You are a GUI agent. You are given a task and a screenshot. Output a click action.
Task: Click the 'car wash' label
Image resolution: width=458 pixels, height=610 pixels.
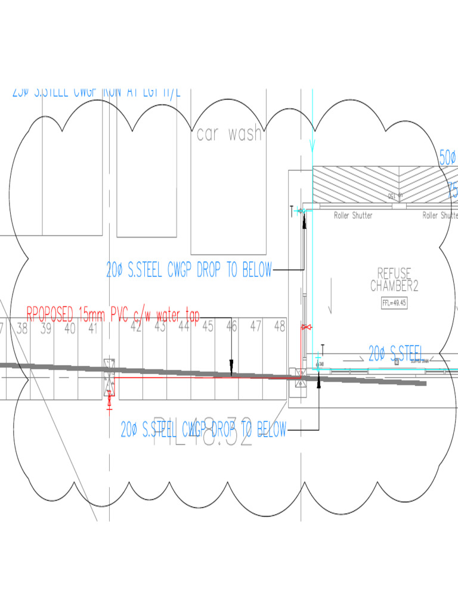(x=230, y=134)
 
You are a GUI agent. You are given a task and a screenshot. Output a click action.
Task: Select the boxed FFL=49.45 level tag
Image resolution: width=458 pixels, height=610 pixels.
(x=394, y=303)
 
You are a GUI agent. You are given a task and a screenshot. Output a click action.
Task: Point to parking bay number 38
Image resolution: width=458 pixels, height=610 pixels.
(x=22, y=327)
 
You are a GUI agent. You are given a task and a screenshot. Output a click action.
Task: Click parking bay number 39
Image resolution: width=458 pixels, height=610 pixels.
(x=46, y=327)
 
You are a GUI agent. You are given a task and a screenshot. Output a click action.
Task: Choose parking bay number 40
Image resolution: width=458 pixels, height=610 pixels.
(x=70, y=327)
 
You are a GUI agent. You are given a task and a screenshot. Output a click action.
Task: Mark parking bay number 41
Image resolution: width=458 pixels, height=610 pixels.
(x=92, y=327)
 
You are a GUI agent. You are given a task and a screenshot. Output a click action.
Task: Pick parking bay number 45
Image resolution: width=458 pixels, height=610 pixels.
(x=208, y=326)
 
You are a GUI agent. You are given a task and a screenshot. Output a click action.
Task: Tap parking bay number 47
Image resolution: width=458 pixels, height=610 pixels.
(x=256, y=326)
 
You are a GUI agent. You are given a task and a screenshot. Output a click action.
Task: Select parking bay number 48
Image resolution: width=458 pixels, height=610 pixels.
(x=279, y=326)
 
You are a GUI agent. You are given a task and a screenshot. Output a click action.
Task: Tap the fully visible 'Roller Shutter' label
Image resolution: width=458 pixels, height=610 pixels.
(x=353, y=216)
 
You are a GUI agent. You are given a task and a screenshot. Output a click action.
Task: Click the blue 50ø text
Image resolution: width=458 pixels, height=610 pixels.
(x=448, y=158)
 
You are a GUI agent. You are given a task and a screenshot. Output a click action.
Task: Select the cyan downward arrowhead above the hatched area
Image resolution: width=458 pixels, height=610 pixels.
(x=313, y=147)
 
